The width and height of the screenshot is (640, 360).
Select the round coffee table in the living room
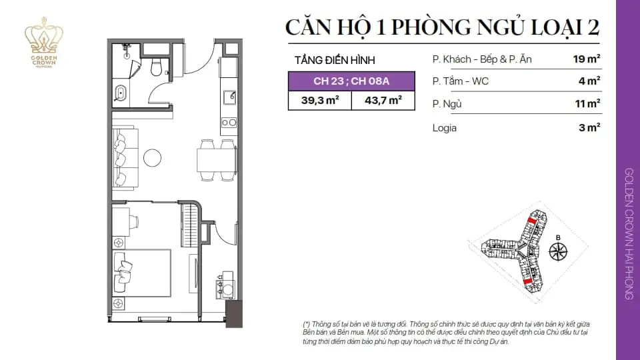tap(152, 157)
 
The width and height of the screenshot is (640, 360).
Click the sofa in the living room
tap(125, 158)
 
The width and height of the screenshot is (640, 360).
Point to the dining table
tap(216, 160)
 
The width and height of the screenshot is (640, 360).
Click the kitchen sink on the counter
tap(229, 98)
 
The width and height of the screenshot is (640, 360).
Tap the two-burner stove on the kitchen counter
tap(229, 123)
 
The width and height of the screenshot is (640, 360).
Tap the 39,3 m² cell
tap(320, 101)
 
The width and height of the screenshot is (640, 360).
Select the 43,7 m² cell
tap(383, 101)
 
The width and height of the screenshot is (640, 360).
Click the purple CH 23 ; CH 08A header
tap(351, 81)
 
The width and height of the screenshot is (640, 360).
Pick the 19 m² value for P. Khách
tap(587, 59)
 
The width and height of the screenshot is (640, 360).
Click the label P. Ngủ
tap(447, 104)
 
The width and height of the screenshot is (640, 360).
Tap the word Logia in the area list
tap(445, 128)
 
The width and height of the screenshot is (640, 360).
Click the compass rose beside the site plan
tap(558, 251)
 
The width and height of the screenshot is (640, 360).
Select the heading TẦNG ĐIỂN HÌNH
tap(335, 61)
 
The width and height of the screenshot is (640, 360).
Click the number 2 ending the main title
tap(593, 27)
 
